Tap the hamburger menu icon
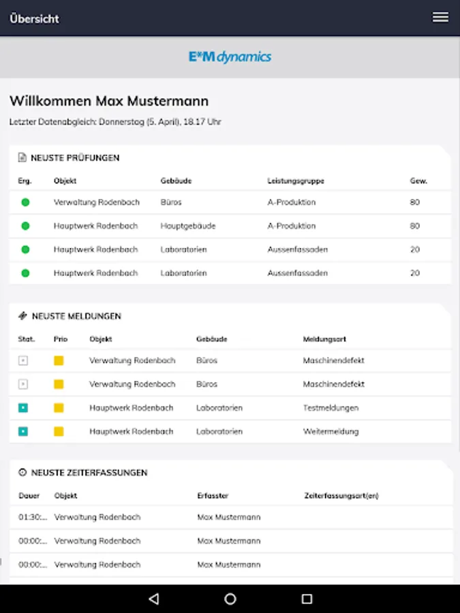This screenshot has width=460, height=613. click(x=440, y=18)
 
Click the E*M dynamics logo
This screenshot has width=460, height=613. click(x=230, y=57)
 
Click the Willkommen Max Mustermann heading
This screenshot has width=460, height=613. click(x=109, y=101)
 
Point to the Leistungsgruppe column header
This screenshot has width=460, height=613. click(x=296, y=181)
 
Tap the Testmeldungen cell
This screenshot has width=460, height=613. click(x=331, y=407)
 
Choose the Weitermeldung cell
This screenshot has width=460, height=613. click(x=331, y=431)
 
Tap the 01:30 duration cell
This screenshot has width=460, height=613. click(x=33, y=517)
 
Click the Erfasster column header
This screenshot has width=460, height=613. click(x=213, y=496)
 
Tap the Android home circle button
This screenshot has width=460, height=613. click(x=230, y=599)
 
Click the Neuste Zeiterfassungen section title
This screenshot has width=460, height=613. click(x=89, y=472)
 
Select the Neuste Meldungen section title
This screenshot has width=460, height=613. click(x=76, y=316)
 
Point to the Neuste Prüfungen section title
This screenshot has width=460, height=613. click(x=75, y=157)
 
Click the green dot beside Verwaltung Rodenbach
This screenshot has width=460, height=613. click(x=25, y=202)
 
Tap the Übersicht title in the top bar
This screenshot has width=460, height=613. click(x=34, y=18)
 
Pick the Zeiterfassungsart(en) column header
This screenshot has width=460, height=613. click(x=341, y=496)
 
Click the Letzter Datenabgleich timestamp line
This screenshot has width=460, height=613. click(x=115, y=122)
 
